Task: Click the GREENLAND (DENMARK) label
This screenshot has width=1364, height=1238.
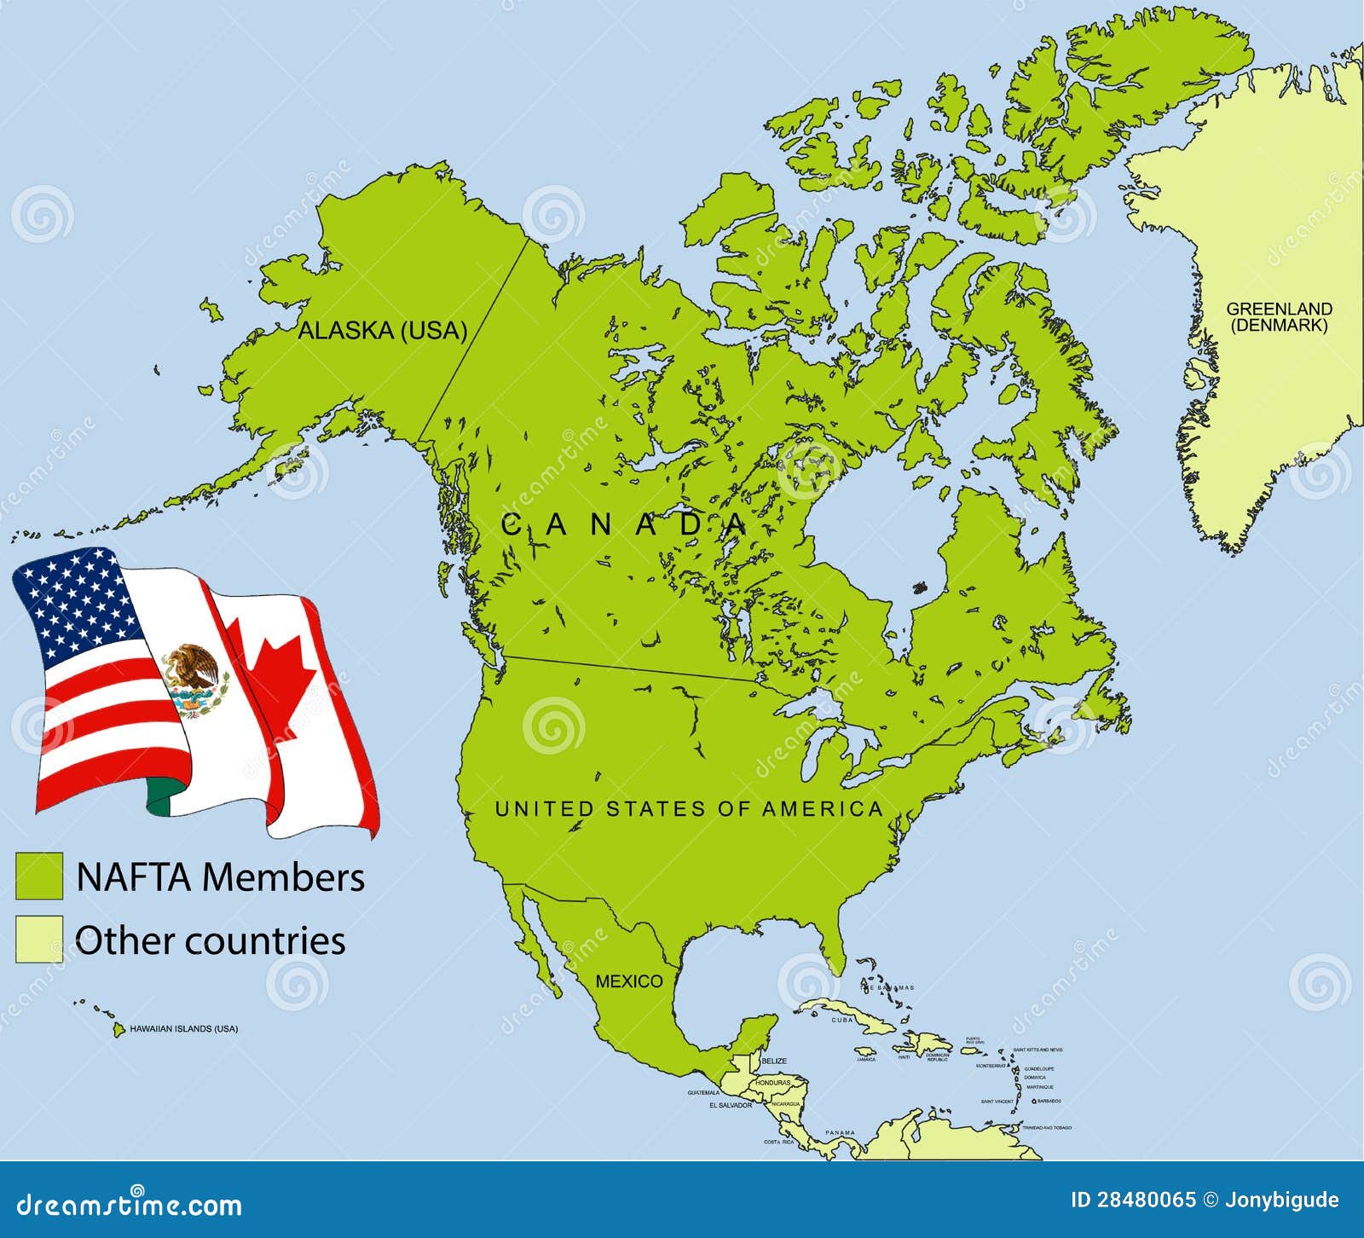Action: point(1279,317)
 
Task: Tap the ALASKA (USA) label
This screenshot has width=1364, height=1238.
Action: point(382,331)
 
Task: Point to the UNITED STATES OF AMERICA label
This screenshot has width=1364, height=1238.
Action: point(689,808)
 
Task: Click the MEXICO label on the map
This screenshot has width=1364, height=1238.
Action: point(629,981)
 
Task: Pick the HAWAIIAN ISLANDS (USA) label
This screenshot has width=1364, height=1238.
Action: point(183,1029)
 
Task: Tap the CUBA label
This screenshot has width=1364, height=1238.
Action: point(842,1020)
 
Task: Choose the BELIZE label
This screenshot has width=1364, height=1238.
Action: point(774,1061)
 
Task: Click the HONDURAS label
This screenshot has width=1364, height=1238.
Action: point(773,1083)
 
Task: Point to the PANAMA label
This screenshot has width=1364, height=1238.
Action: point(840,1133)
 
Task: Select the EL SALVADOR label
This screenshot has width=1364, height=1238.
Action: point(731,1105)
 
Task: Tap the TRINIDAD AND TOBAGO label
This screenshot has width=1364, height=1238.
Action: point(1047,1128)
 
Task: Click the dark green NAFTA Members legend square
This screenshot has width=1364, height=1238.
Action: point(39,876)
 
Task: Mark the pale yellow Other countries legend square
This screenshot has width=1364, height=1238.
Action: point(39,939)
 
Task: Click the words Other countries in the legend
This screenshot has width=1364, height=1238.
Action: point(211,940)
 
